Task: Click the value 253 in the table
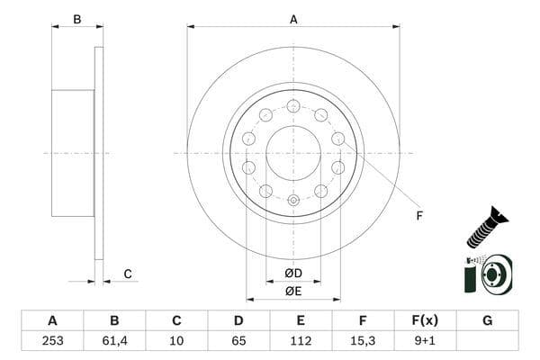tap(52, 340)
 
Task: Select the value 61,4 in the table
tap(114, 340)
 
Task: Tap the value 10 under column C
tap(176, 340)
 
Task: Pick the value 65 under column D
tap(238, 340)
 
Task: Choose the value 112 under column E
tap(301, 340)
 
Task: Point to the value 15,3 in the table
tap(363, 340)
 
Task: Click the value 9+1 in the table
tap(425, 340)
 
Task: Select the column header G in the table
tap(487, 320)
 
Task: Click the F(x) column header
tap(425, 320)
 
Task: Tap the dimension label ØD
tap(293, 273)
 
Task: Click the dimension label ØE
tap(293, 290)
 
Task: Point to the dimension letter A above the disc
tap(293, 19)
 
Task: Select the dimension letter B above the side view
tap(77, 19)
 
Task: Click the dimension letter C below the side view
tap(128, 274)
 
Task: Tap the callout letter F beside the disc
tap(418, 215)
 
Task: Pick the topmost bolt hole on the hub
tap(293, 105)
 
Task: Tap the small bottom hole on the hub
tap(293, 200)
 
